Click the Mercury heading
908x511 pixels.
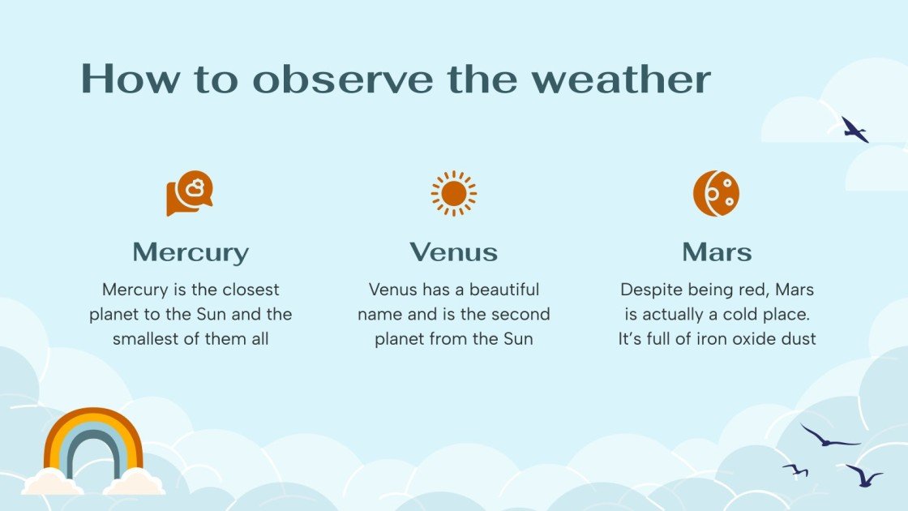coord(191,252)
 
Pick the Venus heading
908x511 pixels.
coord(453,252)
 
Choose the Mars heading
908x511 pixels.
coord(717,252)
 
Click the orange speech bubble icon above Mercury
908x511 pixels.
coord(190,193)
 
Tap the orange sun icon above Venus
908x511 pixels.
coord(454,193)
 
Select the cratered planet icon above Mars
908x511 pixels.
coord(716,193)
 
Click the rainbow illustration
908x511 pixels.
coord(93,442)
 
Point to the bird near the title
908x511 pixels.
coord(854,130)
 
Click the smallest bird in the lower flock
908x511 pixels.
coord(796,470)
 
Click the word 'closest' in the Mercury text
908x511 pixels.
coord(249,290)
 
